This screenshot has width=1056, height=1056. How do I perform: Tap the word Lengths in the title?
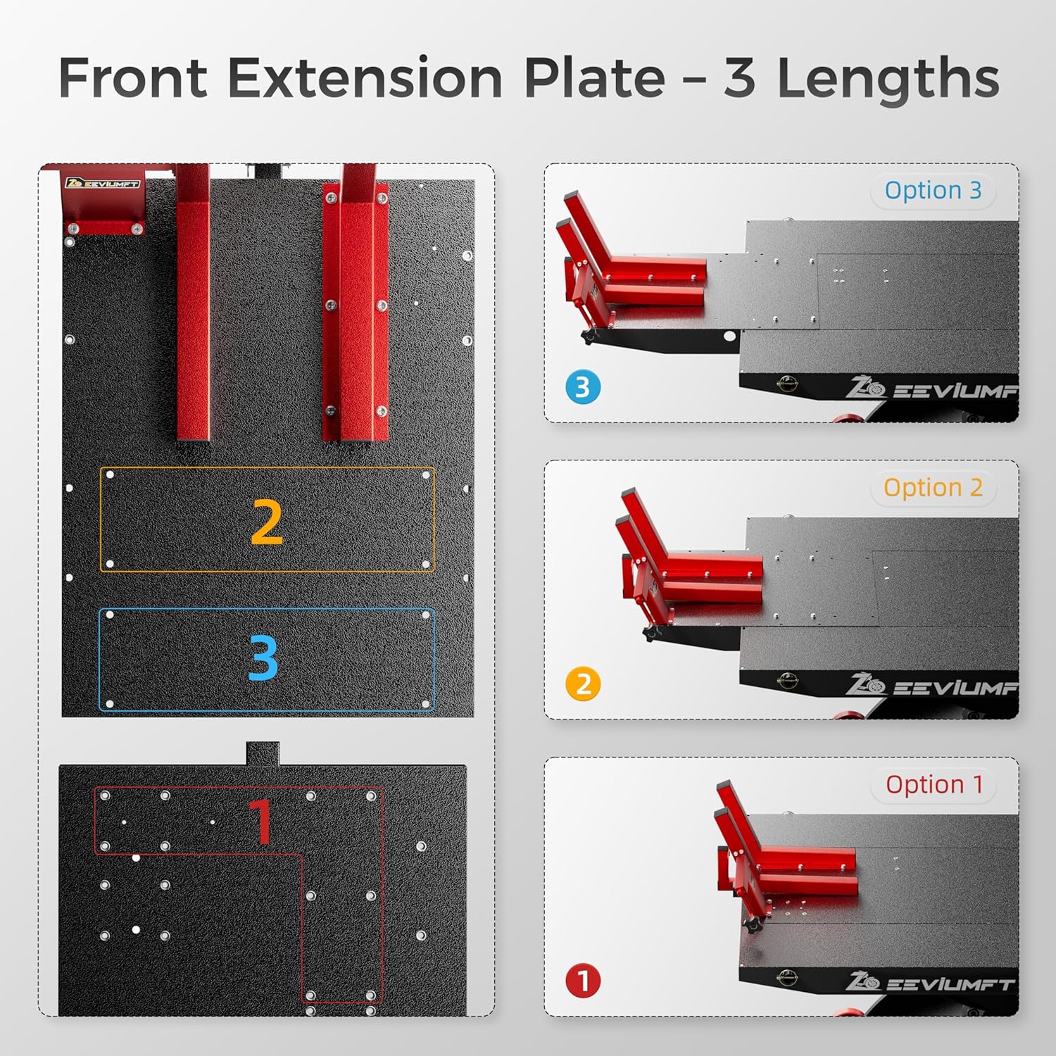tap(888, 79)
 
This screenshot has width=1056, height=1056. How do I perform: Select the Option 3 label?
tap(933, 190)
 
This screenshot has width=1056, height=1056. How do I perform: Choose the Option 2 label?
tap(933, 487)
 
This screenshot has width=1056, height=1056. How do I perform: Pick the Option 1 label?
tap(934, 784)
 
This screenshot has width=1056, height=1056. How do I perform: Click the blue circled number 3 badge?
tap(583, 387)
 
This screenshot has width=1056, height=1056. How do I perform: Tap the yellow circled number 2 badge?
tap(583, 684)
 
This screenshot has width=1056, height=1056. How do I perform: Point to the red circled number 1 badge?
tap(583, 981)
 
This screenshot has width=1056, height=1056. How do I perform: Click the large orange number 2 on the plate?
tap(267, 522)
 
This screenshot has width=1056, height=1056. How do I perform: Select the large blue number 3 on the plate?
tap(264, 658)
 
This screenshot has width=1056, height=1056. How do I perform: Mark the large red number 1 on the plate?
tap(261, 821)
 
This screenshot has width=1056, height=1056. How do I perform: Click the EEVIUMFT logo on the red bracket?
tap(103, 184)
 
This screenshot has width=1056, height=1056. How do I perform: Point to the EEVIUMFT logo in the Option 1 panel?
tap(930, 983)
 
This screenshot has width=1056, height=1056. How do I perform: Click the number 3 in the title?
tap(739, 79)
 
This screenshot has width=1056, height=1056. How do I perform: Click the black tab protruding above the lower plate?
tap(263, 753)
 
